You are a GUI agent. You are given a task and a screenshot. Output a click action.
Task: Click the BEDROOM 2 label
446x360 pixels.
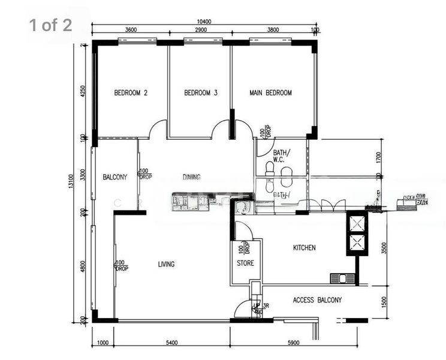pos(131,93)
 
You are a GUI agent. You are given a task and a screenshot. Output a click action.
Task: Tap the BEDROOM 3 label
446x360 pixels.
pos(200,93)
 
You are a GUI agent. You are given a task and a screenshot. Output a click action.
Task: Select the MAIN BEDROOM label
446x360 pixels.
pos(270,93)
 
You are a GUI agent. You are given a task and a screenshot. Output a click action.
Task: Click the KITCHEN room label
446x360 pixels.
pos(304,248)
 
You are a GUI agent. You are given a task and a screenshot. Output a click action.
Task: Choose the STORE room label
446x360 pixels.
pos(245,263)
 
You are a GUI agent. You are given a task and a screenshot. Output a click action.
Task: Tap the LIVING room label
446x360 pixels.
pos(166,264)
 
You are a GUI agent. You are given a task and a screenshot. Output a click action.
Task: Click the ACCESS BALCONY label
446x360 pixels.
pos(317,300)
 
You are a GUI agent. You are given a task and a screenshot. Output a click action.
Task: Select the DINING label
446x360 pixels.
pos(191,177)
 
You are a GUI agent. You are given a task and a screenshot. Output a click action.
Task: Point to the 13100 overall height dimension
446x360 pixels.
pos(71,182)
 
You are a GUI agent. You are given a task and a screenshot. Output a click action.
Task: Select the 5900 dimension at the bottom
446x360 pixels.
pos(293,343)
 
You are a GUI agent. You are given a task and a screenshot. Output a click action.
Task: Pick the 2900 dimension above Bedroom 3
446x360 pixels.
pos(200,29)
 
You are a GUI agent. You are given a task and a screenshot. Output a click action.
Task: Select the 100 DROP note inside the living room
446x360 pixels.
pos(122,265)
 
